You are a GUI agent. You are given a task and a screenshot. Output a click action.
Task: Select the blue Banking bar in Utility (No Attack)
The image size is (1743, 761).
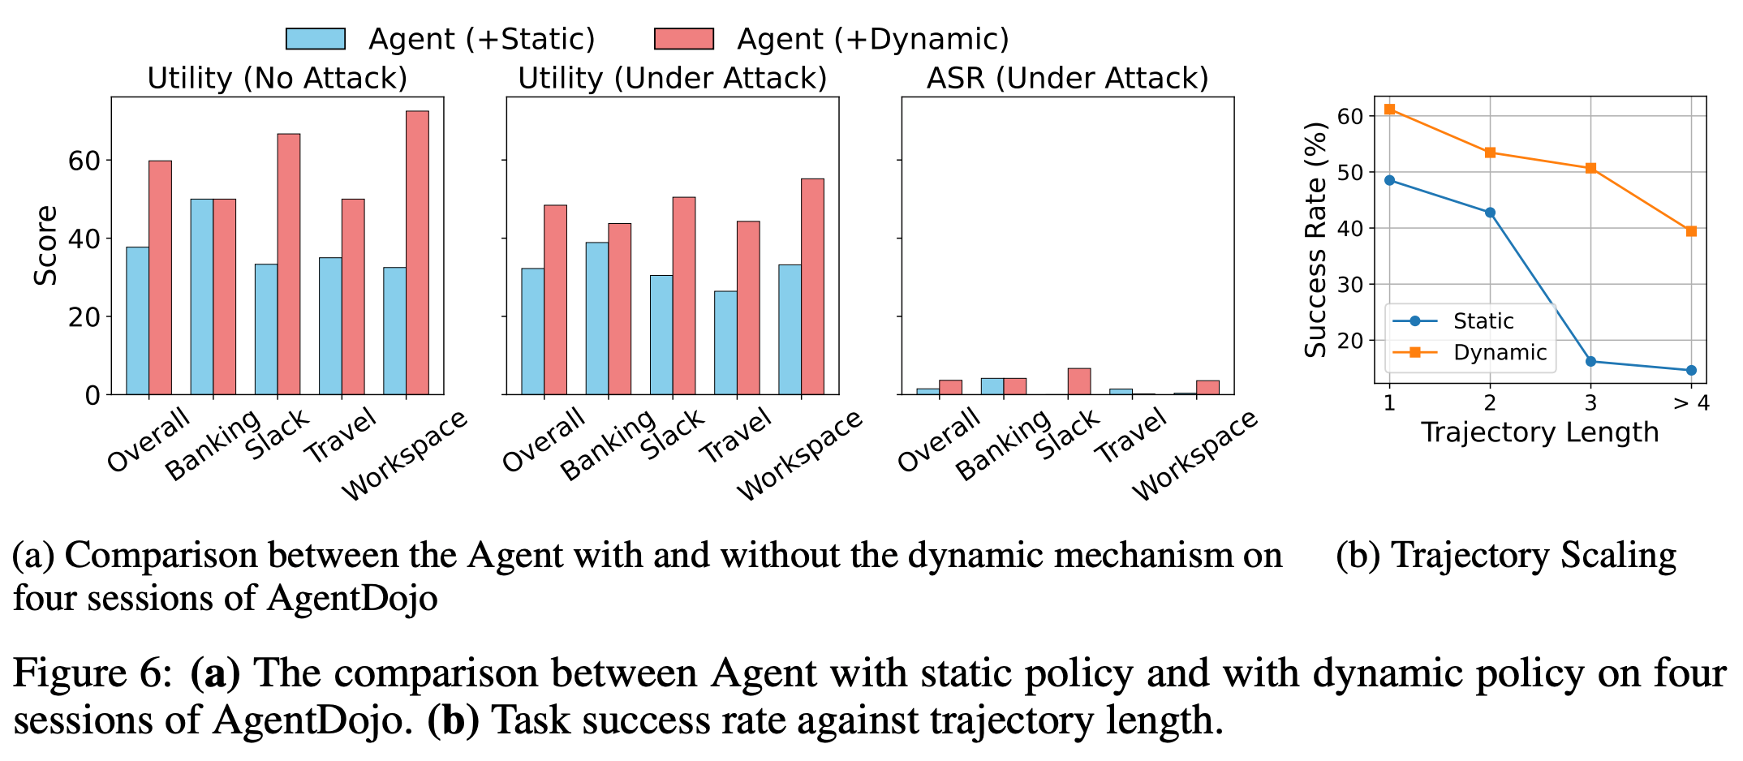tap(201, 297)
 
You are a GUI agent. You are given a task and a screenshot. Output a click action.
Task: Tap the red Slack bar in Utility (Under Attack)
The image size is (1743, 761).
tap(684, 296)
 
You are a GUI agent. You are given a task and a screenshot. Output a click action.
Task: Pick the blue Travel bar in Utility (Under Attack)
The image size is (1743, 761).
tap(725, 343)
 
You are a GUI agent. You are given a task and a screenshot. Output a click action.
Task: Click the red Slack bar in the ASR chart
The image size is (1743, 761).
tap(1079, 382)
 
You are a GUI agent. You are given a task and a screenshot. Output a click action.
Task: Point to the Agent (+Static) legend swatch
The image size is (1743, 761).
tap(316, 39)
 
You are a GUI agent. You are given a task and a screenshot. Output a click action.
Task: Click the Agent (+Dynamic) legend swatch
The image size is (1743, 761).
tap(683, 39)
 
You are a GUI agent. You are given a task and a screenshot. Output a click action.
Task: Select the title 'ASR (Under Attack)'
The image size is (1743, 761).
tap(1067, 79)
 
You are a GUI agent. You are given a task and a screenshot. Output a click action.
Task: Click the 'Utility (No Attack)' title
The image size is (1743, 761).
tap(277, 79)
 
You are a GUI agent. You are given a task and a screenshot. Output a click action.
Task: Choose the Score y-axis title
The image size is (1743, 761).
tap(46, 245)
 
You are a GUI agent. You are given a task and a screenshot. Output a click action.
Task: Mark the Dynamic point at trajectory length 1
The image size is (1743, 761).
tap(1389, 109)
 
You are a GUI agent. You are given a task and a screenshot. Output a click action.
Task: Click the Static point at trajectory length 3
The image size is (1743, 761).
tap(1590, 362)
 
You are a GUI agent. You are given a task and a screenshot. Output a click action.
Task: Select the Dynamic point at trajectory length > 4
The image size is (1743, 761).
tap(1691, 231)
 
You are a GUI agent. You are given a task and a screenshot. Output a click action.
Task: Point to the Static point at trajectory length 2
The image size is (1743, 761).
tap(1490, 213)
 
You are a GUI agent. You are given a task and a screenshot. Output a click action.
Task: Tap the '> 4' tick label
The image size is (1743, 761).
tap(1691, 402)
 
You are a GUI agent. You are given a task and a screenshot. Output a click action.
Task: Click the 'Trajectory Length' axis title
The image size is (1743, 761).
tap(1539, 432)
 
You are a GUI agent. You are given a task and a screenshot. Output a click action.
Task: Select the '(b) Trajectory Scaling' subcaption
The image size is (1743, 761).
tap(1505, 557)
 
